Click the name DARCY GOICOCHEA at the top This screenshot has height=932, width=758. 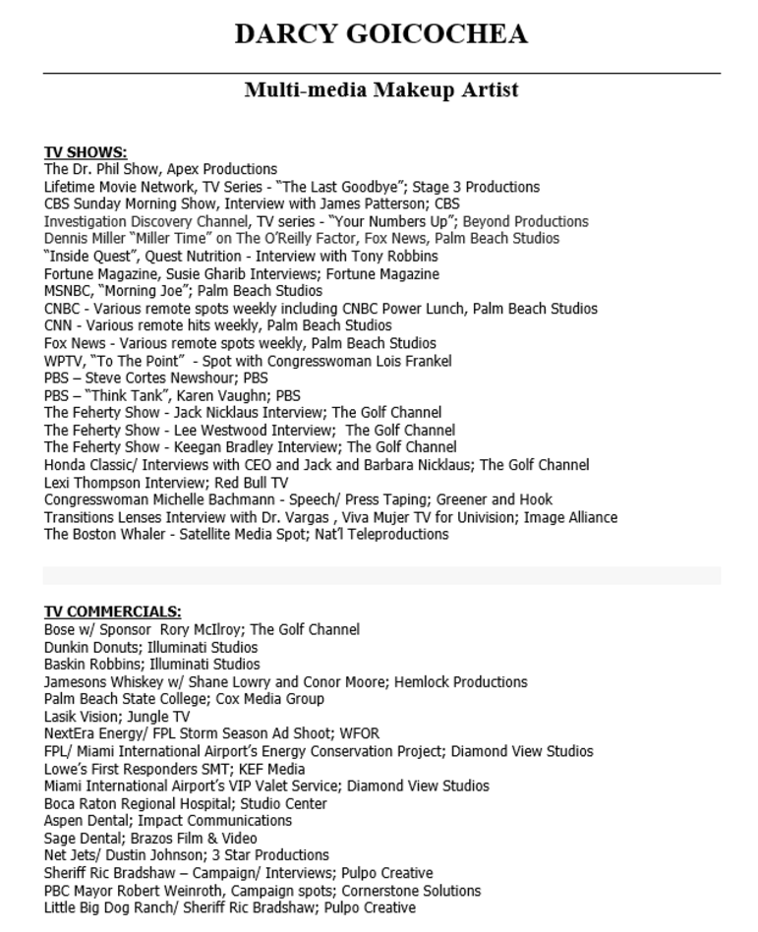click(380, 34)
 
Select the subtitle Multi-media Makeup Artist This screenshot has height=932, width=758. click(380, 90)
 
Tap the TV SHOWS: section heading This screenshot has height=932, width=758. click(86, 152)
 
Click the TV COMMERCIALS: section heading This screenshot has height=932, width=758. click(113, 612)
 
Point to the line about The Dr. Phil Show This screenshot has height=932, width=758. click(160, 169)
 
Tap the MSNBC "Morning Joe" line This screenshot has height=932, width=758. click(183, 291)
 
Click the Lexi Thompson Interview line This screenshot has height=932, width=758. click(166, 482)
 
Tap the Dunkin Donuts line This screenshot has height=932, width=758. click(150, 647)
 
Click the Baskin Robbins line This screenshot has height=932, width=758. click(151, 665)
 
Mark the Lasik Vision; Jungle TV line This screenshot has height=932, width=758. click(117, 717)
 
